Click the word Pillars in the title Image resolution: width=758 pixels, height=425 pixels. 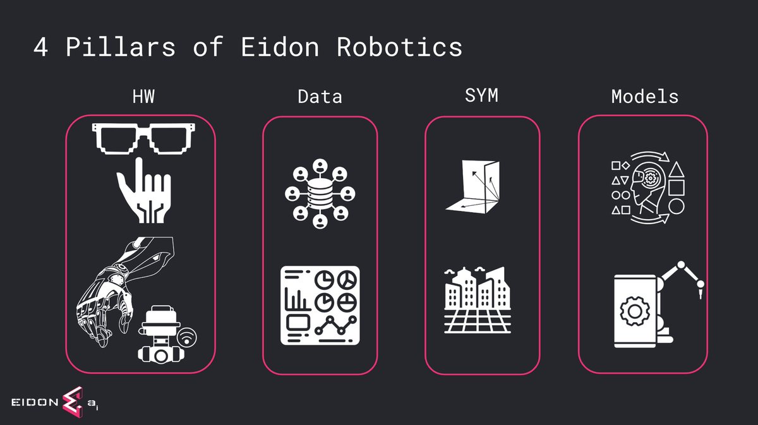tap(121, 47)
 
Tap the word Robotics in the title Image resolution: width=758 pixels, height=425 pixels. tap(399, 47)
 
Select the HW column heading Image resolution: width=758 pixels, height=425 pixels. tap(143, 97)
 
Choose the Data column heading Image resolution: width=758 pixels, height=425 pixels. tap(320, 97)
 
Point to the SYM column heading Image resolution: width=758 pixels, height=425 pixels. tap(481, 95)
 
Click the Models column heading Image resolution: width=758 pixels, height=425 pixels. tap(645, 97)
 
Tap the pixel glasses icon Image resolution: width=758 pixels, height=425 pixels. tap(143, 139)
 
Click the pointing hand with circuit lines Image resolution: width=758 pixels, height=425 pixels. tap(145, 190)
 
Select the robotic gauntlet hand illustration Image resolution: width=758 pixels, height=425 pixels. tap(124, 292)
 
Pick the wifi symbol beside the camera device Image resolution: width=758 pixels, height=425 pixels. tap(187, 337)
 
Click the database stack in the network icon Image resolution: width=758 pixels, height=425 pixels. tap(320, 194)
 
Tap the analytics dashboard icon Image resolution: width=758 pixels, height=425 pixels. tap(320, 305)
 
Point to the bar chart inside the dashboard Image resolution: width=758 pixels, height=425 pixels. tap(297, 299)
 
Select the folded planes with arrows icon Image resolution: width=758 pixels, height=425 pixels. tap(473, 187)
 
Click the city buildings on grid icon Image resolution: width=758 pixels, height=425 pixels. tap(478, 300)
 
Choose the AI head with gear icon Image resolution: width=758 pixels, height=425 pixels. tap(648, 188)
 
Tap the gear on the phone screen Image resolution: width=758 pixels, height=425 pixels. tap(635, 311)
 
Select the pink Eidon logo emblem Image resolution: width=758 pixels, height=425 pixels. tap(73, 402)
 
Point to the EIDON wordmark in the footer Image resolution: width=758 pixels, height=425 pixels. tap(35, 402)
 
